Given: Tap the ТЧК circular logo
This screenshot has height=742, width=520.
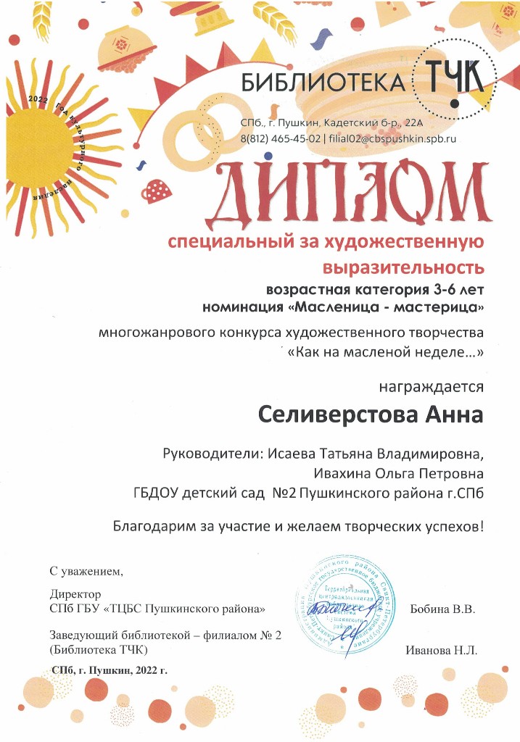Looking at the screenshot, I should pos(453,76).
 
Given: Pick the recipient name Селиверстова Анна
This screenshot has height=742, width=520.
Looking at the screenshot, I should pos(371,416).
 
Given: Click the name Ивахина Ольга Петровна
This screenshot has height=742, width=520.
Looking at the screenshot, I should pos(398,473).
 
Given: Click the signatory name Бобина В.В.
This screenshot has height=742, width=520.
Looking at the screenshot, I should pos(442,609).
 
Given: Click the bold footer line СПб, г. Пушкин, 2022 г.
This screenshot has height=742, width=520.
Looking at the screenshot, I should pos(110,670).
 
